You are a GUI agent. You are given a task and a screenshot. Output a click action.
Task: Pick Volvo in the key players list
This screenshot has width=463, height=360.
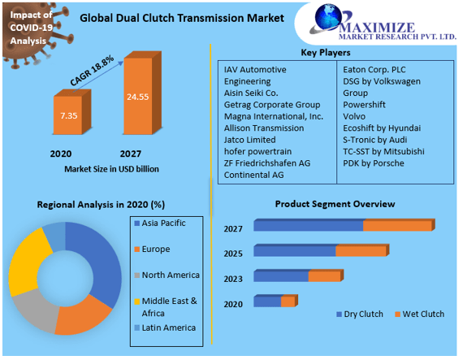point(356,116)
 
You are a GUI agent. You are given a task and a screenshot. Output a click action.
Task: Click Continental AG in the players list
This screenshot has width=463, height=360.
point(255,175)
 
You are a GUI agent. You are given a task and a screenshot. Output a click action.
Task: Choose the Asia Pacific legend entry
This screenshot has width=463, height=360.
point(162,223)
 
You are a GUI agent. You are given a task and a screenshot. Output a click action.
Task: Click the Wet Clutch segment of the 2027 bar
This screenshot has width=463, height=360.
point(398,225)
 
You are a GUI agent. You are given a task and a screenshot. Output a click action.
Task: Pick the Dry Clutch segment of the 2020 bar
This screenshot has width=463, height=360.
point(267,301)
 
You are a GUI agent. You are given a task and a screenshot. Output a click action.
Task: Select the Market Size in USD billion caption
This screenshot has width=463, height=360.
point(111,169)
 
